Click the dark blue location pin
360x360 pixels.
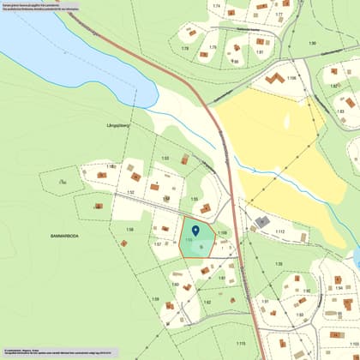(x=195, y=229)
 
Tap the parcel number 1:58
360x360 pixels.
(x=130, y=230)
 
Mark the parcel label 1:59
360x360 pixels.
(x=155, y=299)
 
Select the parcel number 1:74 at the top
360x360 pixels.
(x=217, y=6)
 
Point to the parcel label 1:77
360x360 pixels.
(x=279, y=15)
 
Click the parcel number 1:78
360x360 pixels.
(x=185, y=49)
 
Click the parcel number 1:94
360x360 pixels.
(x=339, y=289)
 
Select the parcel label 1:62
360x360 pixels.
(x=207, y=302)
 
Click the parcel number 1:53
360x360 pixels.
(x=165, y=159)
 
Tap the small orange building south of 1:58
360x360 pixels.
(x=123, y=243)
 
